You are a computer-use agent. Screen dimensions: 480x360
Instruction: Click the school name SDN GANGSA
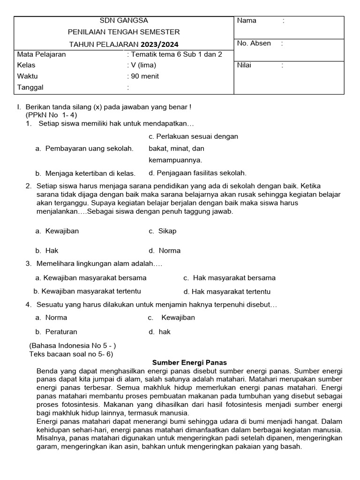pos(124,21)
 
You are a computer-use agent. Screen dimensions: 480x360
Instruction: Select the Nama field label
pos(247,21)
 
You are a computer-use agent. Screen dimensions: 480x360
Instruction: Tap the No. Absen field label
pos(254,43)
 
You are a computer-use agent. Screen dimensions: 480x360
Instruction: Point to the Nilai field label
pos(244,66)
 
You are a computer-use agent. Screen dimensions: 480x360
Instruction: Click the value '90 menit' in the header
pos(143,76)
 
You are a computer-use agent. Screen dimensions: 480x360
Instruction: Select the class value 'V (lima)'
pos(142,66)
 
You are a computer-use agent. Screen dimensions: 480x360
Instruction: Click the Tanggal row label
pos(30,88)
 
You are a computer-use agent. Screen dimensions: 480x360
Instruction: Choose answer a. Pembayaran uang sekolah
pos(84,149)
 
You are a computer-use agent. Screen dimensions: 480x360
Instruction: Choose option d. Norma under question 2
pos(165,251)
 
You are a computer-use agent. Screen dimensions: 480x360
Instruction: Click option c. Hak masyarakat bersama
pos(229,278)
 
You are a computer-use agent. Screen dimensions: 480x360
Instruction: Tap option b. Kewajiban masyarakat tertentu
pos(88,291)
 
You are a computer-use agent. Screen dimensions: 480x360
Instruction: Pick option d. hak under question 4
pos(160,332)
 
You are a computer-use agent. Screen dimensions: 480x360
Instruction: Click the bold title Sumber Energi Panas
pos(190,363)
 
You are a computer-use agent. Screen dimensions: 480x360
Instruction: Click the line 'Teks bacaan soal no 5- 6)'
pos(71,354)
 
